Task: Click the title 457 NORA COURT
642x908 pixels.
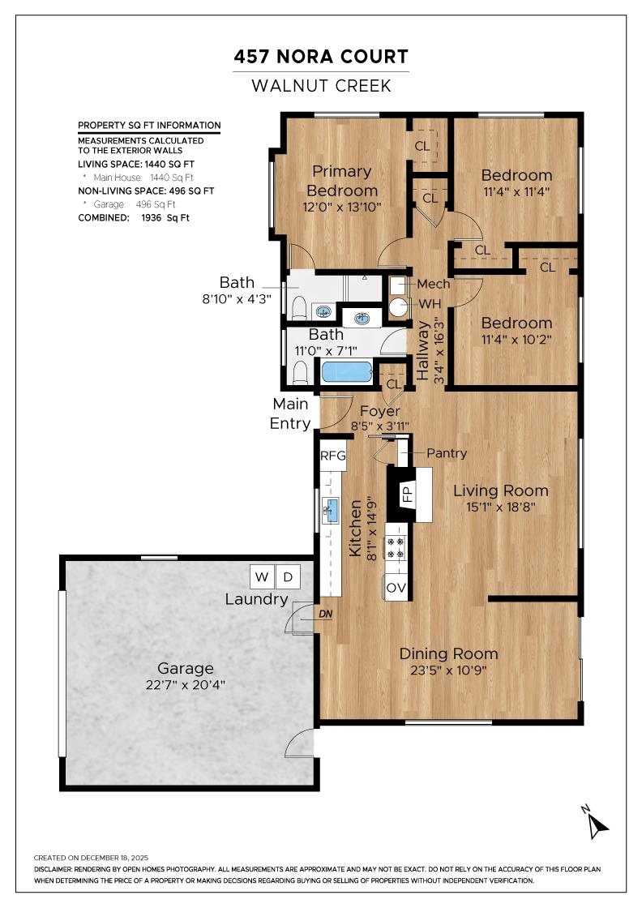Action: pyautogui.click(x=321, y=57)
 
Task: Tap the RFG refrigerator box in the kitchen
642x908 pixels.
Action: pyautogui.click(x=333, y=456)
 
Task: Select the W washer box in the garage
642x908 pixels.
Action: pyautogui.click(x=262, y=576)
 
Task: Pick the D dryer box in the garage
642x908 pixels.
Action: pyautogui.click(x=288, y=576)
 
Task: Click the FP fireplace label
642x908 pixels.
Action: pyautogui.click(x=408, y=494)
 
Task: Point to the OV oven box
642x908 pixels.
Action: pyautogui.click(x=396, y=588)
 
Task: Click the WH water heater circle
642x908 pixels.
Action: pyautogui.click(x=398, y=307)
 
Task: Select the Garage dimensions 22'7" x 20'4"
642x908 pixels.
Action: pyautogui.click(x=186, y=685)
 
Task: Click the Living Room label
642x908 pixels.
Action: pyautogui.click(x=501, y=490)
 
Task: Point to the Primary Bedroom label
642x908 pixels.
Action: pyautogui.click(x=342, y=181)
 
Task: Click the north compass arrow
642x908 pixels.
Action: pyautogui.click(x=597, y=825)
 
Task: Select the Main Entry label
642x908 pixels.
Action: pyautogui.click(x=291, y=413)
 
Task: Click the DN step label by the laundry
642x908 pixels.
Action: pyautogui.click(x=325, y=614)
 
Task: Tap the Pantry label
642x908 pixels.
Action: pyautogui.click(x=447, y=453)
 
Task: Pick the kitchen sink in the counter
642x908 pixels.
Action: pyautogui.click(x=331, y=510)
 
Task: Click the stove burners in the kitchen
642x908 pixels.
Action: pyautogui.click(x=396, y=548)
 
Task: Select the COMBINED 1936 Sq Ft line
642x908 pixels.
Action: pyautogui.click(x=134, y=218)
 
